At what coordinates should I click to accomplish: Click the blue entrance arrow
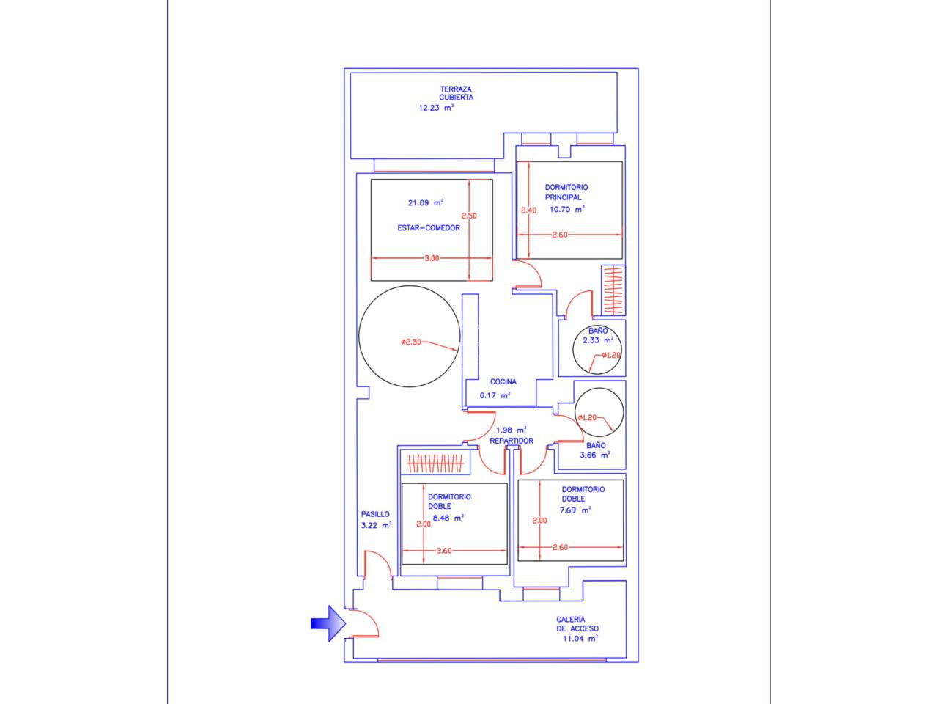tap(328, 623)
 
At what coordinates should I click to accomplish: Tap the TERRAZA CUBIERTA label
tap(456, 93)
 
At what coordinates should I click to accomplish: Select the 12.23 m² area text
tap(436, 108)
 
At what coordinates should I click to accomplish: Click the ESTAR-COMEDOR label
tap(429, 228)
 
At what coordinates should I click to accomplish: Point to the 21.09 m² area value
tap(426, 202)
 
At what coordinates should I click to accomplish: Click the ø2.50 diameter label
tap(411, 342)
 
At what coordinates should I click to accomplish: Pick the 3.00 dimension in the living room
tap(432, 258)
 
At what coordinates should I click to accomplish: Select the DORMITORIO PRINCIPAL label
tap(566, 192)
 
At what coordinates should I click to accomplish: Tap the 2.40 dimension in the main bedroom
tap(528, 210)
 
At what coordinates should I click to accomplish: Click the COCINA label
tap(503, 381)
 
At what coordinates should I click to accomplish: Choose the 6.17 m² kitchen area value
tap(495, 395)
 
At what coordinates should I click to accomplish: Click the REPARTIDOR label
tap(512, 441)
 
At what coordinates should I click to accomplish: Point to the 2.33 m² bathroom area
tap(598, 340)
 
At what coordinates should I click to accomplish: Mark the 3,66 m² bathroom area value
tap(595, 455)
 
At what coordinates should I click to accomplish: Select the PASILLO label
tap(375, 514)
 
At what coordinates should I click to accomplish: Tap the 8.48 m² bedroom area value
tap(448, 518)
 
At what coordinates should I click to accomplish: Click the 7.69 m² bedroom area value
tap(575, 510)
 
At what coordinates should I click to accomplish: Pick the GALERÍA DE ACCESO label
tap(577, 623)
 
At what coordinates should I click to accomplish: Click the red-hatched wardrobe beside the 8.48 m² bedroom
tap(435, 463)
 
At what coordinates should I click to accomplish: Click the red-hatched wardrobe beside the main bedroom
tap(613, 290)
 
